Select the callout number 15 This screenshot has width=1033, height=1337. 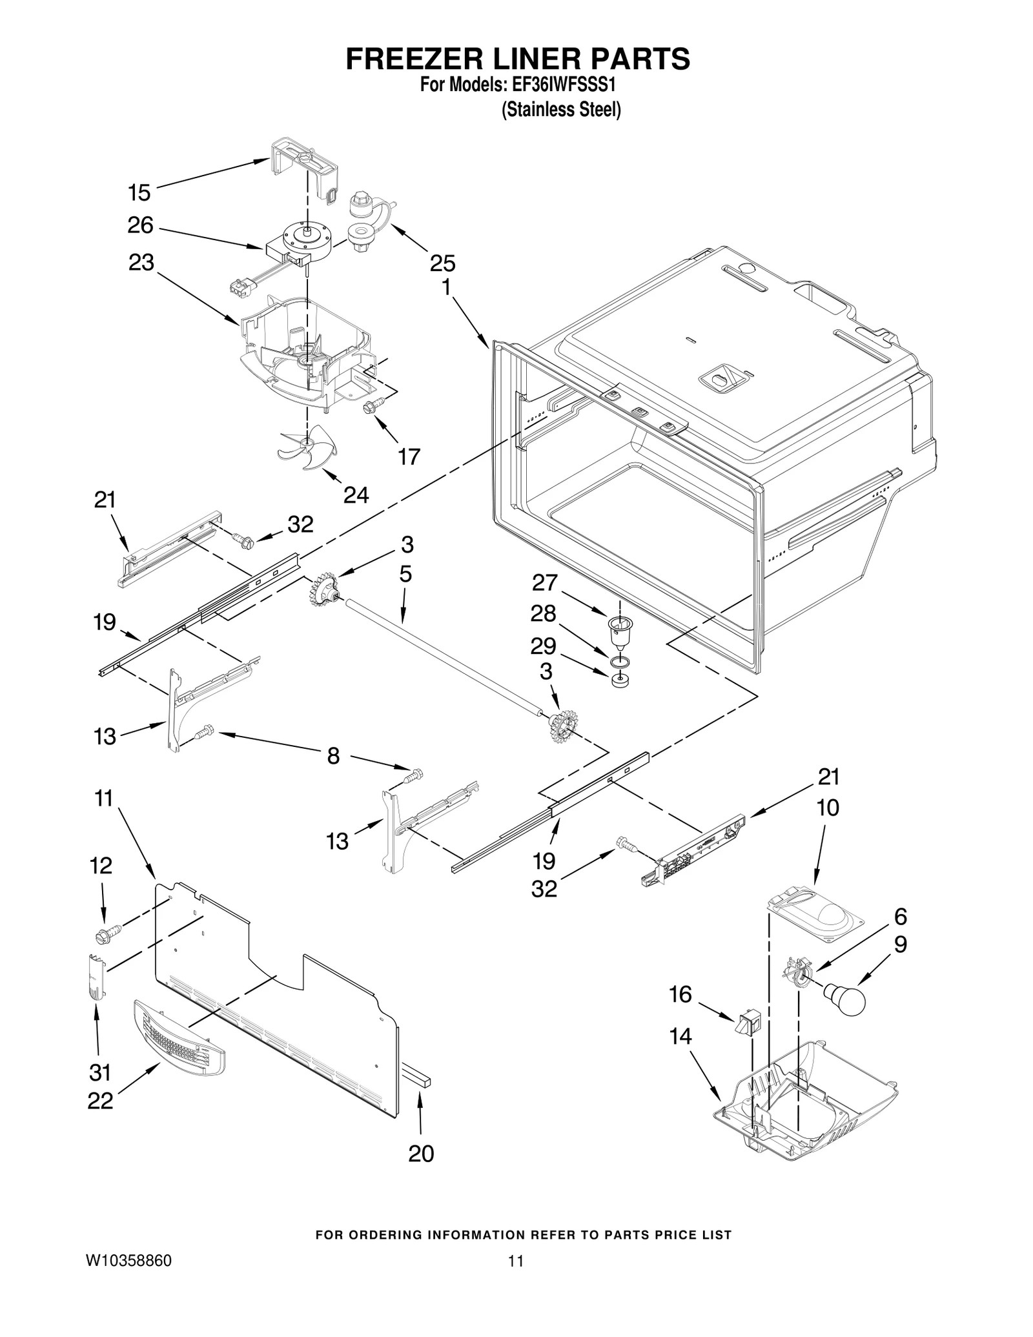[139, 192]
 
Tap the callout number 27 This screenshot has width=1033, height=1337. [544, 583]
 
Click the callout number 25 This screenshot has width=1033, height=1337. [442, 263]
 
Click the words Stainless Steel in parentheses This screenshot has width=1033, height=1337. [561, 110]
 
